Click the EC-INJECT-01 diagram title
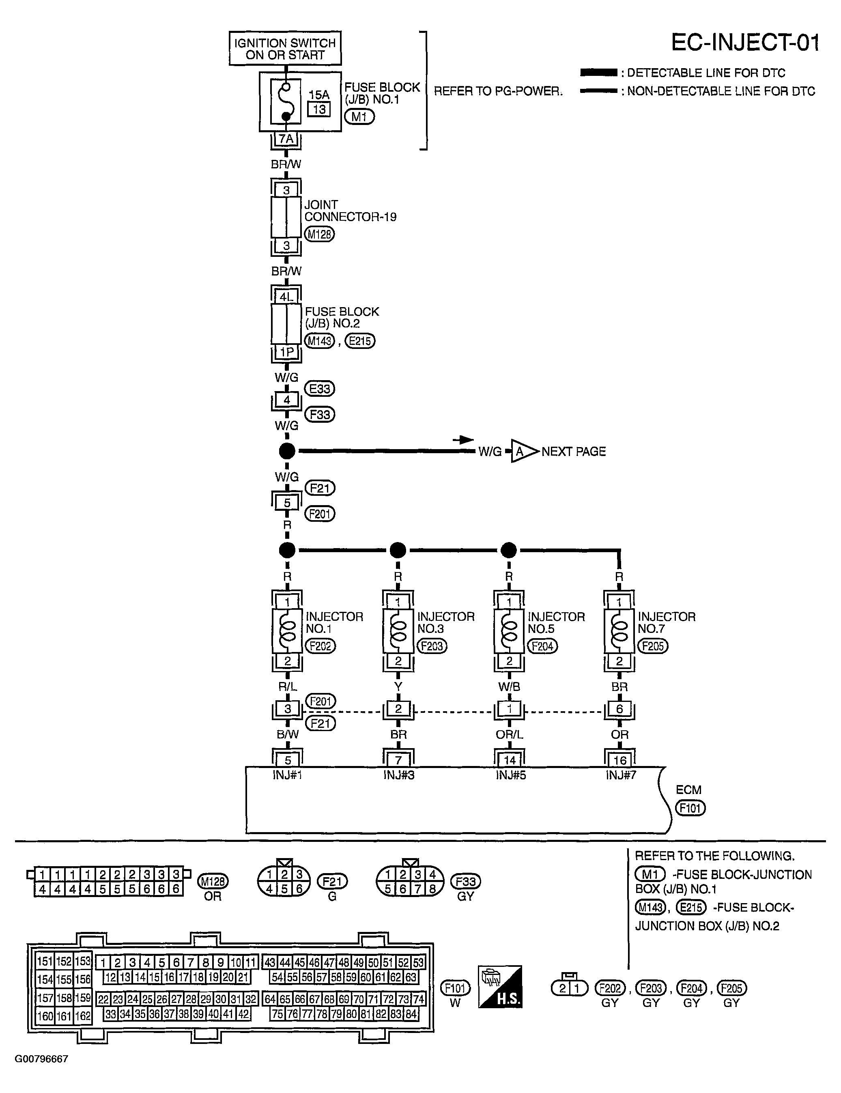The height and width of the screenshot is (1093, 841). point(745,43)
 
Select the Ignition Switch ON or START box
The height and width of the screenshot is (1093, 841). point(285,49)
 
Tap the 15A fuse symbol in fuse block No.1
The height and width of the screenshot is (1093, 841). point(286,101)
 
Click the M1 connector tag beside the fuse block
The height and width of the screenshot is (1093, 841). point(359,116)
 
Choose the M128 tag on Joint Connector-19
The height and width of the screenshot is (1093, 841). point(319,234)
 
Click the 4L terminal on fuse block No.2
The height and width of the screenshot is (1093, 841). point(286,297)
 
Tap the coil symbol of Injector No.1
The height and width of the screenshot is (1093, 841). point(287,631)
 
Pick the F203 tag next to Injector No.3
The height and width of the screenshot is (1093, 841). point(432,646)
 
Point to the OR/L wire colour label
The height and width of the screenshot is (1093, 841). point(509,735)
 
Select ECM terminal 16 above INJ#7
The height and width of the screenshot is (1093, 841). point(619,761)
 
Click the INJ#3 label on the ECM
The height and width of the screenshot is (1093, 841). point(399,775)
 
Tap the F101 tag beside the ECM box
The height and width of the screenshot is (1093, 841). point(690,808)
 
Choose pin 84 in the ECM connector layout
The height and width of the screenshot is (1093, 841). point(411,1014)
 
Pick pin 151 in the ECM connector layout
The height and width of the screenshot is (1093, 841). point(45,961)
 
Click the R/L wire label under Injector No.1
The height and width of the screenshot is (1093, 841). point(288,686)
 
